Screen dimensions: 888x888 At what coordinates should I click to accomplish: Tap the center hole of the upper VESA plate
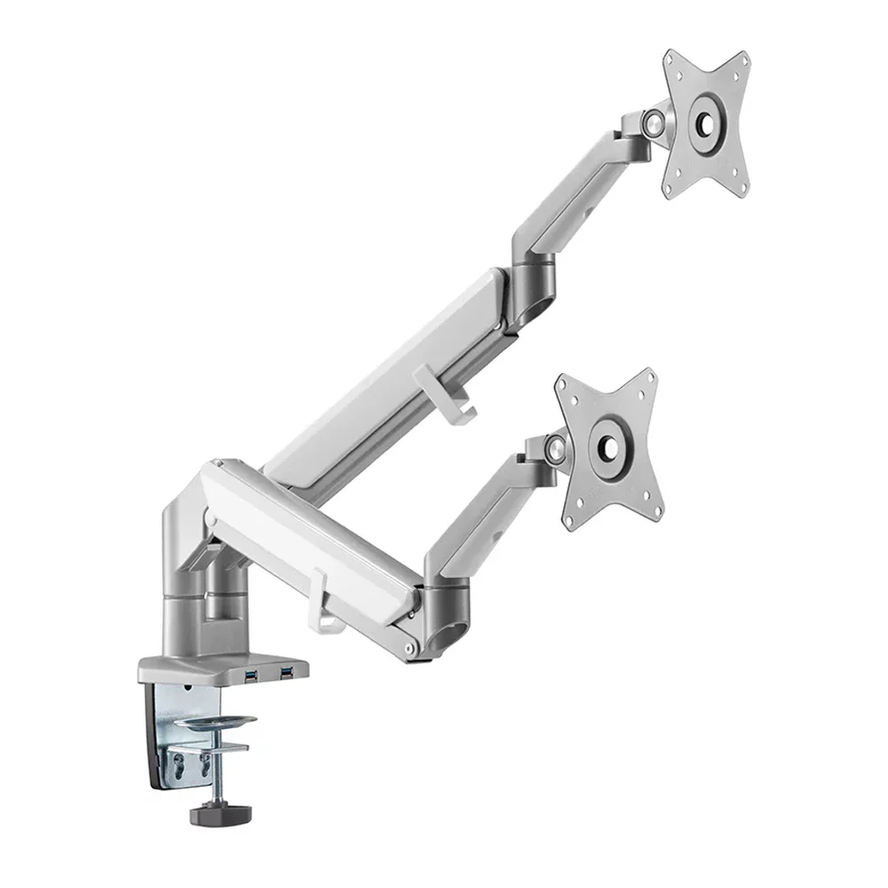[x=708, y=123]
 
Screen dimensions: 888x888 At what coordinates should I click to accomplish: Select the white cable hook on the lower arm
[x=321, y=604]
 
